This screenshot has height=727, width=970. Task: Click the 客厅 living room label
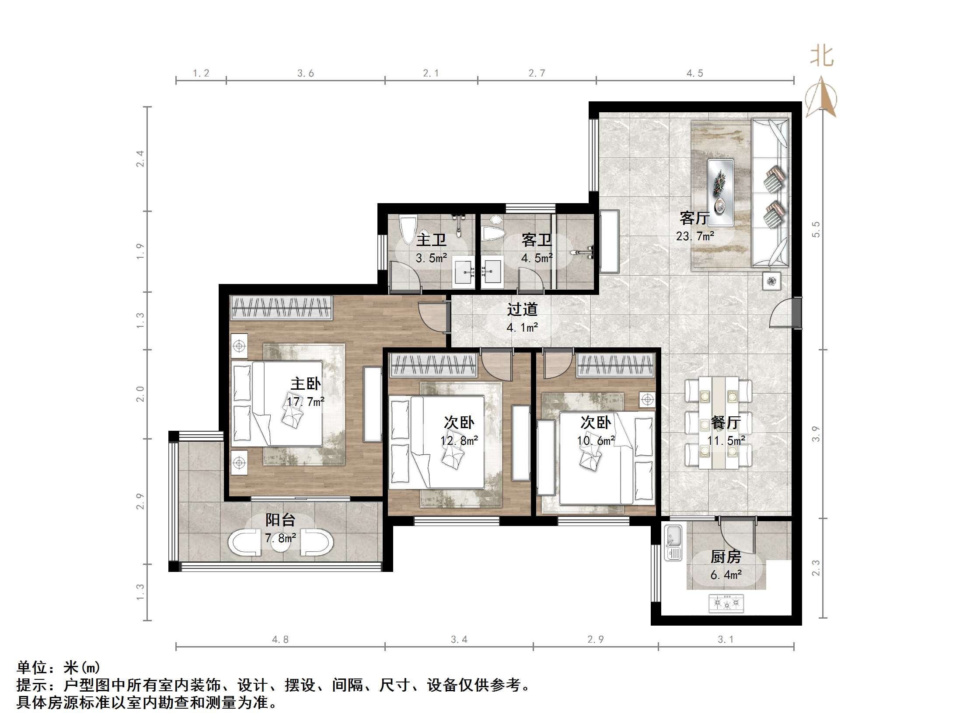click(x=694, y=218)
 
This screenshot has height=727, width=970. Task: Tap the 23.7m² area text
click(x=695, y=236)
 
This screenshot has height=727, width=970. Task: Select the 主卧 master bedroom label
click(x=306, y=384)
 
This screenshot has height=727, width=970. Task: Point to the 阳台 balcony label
click(x=280, y=520)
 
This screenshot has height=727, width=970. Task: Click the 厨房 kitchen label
click(x=726, y=557)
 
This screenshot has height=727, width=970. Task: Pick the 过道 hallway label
click(x=522, y=309)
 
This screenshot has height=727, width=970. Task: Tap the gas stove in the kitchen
click(x=726, y=603)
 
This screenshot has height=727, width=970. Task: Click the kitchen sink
click(x=673, y=543)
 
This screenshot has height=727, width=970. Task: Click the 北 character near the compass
click(x=822, y=56)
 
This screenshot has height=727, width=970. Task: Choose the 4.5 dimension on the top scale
click(x=694, y=73)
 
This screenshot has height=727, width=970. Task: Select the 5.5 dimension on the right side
click(x=815, y=230)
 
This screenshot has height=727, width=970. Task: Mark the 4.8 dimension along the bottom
click(x=280, y=639)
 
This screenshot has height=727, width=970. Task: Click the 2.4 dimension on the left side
click(x=140, y=159)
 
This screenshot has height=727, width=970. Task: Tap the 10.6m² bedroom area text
click(x=596, y=440)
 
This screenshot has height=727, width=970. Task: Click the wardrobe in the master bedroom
click(x=282, y=308)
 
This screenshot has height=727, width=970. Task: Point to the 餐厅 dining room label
click(x=726, y=422)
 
